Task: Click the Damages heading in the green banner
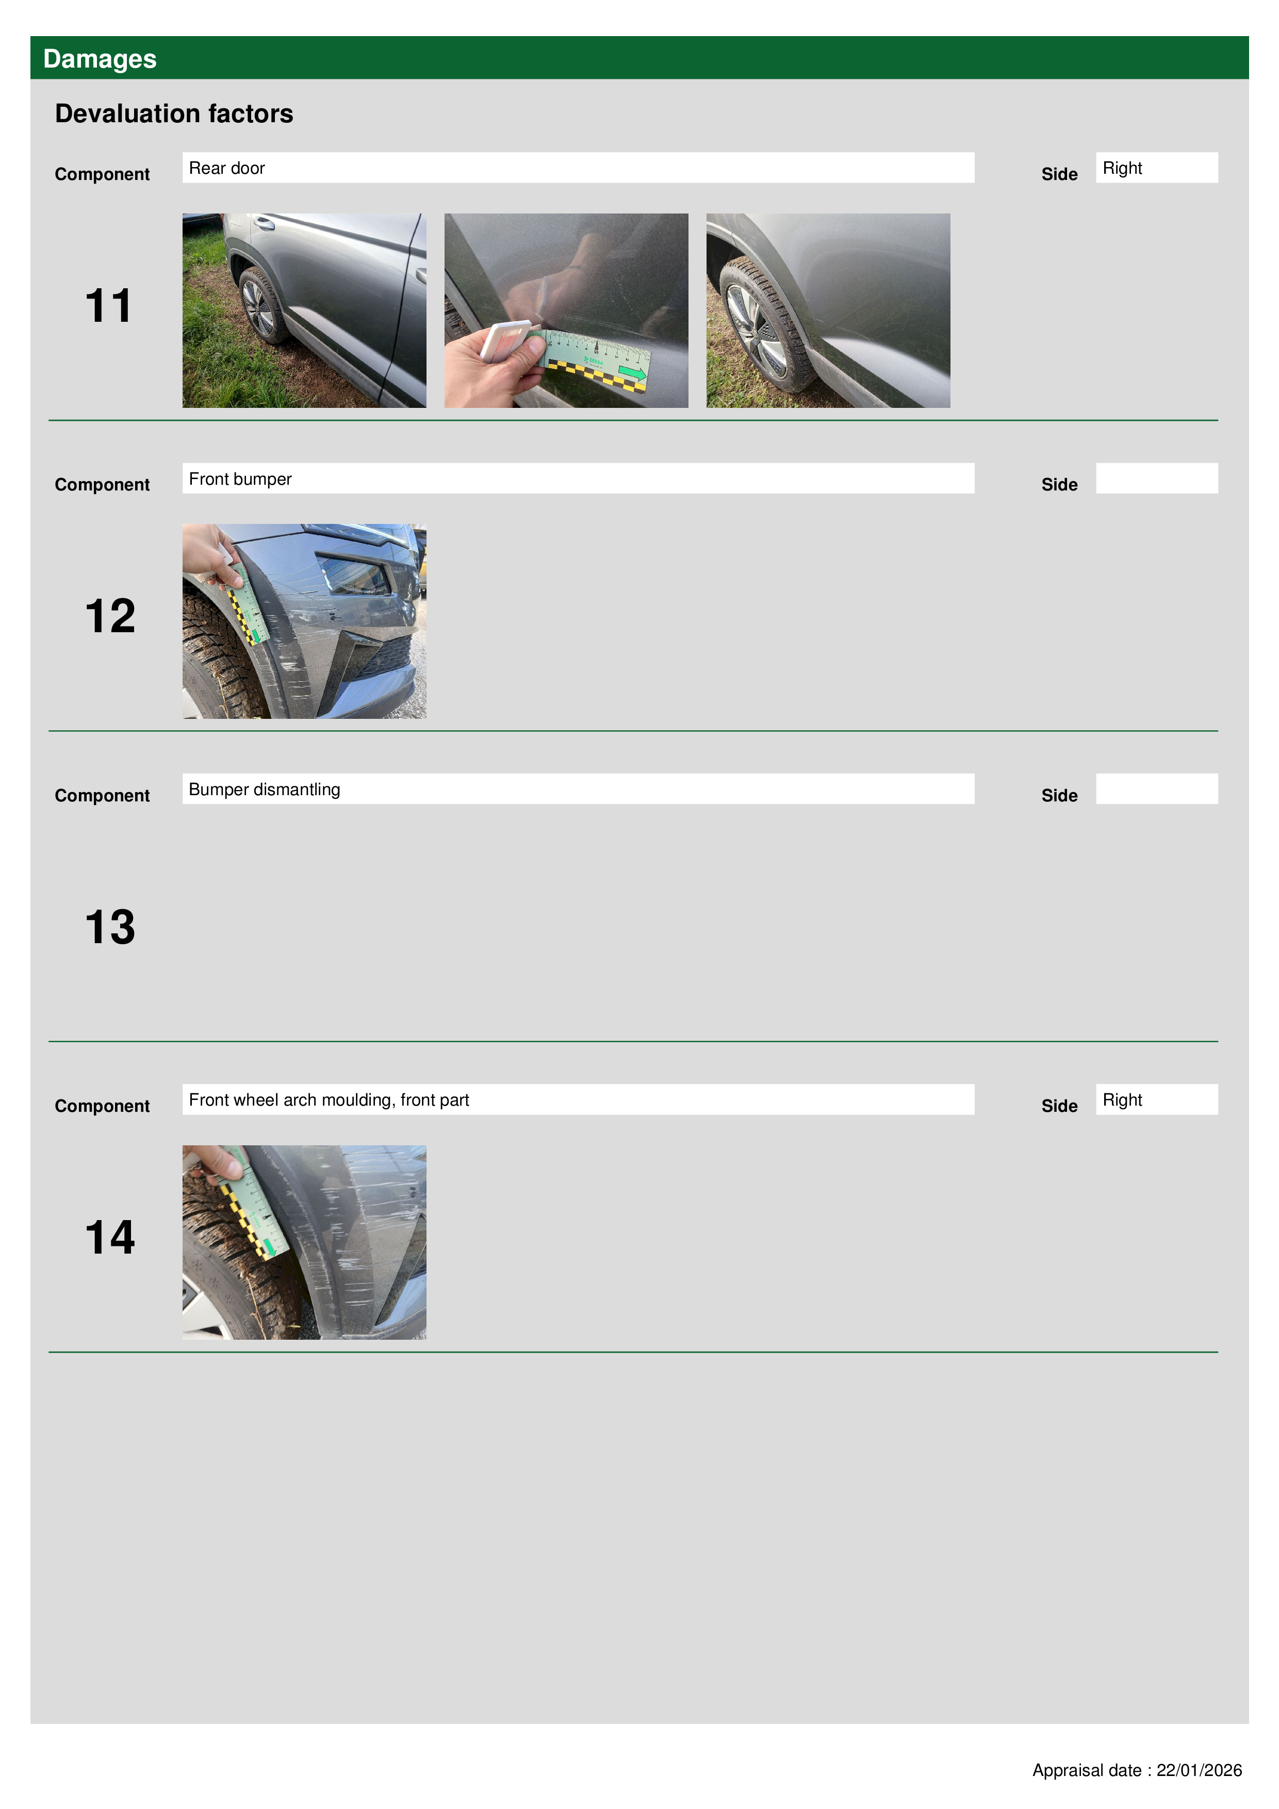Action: tap(100, 59)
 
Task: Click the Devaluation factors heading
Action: tap(174, 113)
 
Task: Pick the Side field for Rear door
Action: tap(1157, 168)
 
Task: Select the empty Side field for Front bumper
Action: tap(1157, 478)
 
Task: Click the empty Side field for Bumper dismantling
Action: tap(1157, 788)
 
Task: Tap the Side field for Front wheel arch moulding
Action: tap(1157, 1099)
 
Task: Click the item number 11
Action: tap(109, 306)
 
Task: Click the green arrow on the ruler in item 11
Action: tap(632, 373)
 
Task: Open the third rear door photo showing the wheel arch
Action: tap(828, 310)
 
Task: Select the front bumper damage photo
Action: tap(304, 621)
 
